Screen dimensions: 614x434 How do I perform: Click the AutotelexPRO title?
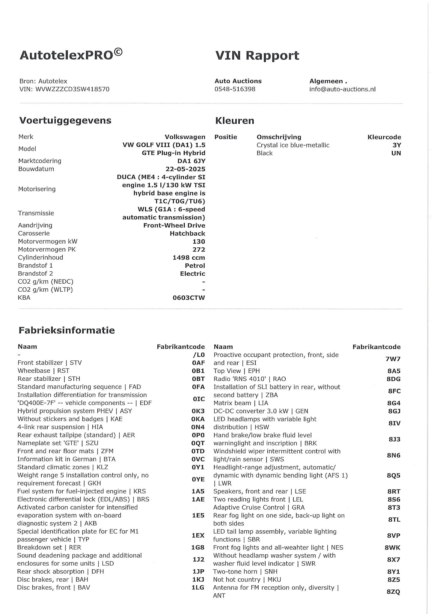click(x=71, y=55)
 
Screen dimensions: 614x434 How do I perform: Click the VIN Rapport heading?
click(x=257, y=56)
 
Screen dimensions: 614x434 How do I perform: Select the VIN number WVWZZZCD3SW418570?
click(x=72, y=89)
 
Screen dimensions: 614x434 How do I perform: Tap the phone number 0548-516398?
click(x=235, y=89)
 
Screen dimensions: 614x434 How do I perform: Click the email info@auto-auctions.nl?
click(x=342, y=89)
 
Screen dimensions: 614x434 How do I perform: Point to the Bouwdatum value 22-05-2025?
click(x=185, y=169)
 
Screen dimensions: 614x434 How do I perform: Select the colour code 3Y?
click(x=397, y=145)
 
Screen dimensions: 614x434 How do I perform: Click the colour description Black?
click(x=264, y=153)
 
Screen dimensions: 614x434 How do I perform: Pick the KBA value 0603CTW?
click(x=189, y=298)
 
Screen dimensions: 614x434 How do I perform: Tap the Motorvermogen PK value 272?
click(x=199, y=249)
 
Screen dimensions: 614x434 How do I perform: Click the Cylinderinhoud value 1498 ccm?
click(x=189, y=258)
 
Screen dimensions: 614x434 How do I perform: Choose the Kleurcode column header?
click(x=384, y=137)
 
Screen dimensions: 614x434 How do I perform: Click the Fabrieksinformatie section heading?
click(x=67, y=330)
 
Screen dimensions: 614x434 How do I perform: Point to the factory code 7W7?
click(x=393, y=359)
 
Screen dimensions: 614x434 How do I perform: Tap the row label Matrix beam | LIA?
click(x=241, y=403)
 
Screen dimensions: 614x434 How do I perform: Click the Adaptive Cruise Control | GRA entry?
click(x=259, y=508)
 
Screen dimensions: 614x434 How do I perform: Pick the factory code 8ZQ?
click(x=394, y=592)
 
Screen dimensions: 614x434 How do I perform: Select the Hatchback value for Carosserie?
click(x=187, y=234)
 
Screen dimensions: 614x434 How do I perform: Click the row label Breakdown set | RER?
click(x=49, y=547)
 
